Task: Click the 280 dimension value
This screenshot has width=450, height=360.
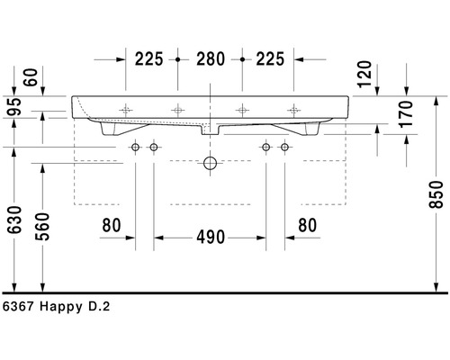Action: click(x=210, y=59)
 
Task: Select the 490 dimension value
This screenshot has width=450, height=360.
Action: click(x=210, y=238)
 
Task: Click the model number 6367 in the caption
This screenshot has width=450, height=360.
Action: click(x=20, y=307)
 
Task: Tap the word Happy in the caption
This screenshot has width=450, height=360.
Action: click(x=60, y=307)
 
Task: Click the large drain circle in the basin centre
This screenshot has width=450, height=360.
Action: click(x=211, y=164)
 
